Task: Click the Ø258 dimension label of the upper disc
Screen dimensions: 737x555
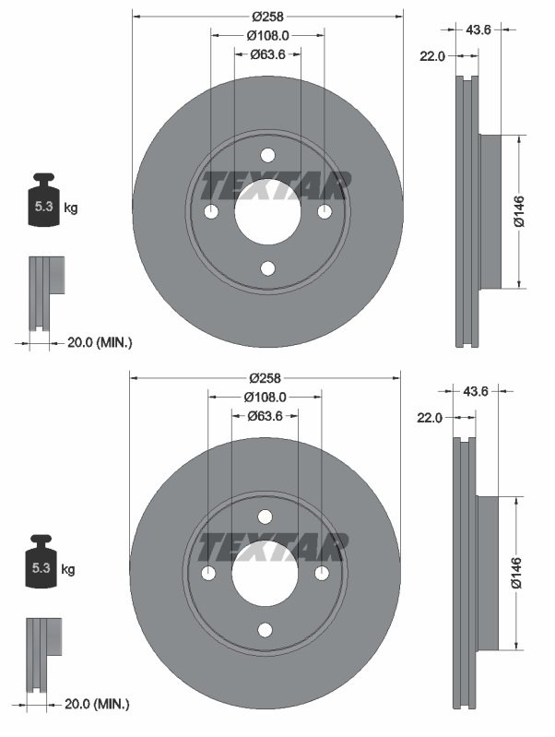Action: coord(267,16)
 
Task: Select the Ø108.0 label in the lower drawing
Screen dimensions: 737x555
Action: coord(266,397)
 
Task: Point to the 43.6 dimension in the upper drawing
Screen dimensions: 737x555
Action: coord(478,30)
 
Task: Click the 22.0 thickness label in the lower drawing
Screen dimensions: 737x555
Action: coord(430,417)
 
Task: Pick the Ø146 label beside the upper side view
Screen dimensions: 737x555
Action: coord(518,211)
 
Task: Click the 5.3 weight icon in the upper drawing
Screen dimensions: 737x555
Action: coord(43,202)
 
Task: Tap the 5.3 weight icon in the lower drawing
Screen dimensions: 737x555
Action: coord(41,563)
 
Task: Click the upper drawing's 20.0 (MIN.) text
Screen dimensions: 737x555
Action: coord(100,342)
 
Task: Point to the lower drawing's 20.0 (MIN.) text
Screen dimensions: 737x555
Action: coord(98,704)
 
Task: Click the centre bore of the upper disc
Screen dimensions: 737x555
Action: coord(267,211)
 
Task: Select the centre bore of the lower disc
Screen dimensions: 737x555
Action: coord(266,573)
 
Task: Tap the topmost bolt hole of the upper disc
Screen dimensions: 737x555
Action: coord(267,155)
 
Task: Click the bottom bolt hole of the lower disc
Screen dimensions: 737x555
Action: coord(266,630)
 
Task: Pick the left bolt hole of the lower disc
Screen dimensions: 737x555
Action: coord(208,573)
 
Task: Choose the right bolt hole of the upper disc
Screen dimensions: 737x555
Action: coord(325,211)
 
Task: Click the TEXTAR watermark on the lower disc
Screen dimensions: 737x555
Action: coord(273,547)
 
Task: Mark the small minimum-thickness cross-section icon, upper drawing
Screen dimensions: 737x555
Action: coord(46,292)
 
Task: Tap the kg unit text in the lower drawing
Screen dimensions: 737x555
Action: coord(67,569)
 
